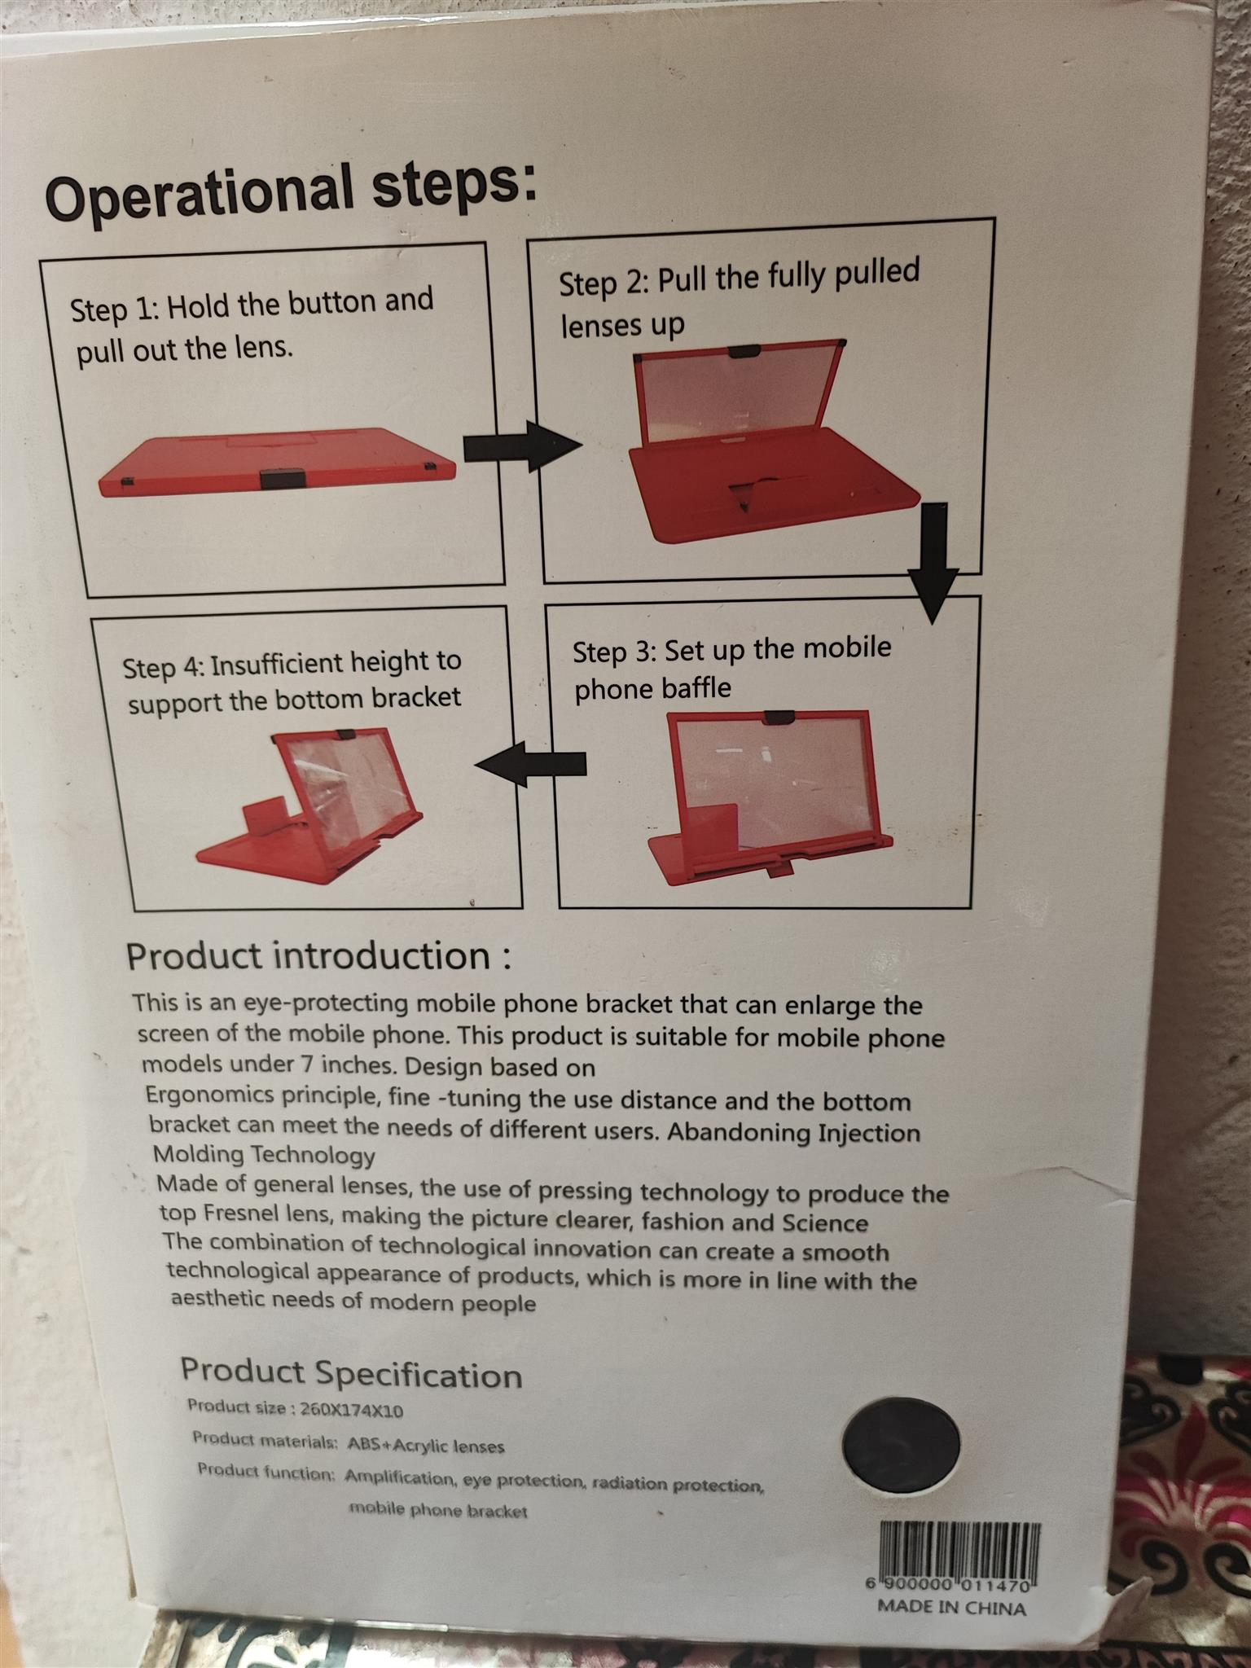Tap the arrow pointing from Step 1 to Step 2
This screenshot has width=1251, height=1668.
tap(522, 446)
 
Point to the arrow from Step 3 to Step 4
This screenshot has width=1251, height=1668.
tap(530, 764)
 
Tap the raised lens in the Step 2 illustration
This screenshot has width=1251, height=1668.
tap(737, 391)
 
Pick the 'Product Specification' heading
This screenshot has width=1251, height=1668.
tap(351, 1372)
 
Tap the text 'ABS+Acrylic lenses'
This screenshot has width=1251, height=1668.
tap(426, 1446)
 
